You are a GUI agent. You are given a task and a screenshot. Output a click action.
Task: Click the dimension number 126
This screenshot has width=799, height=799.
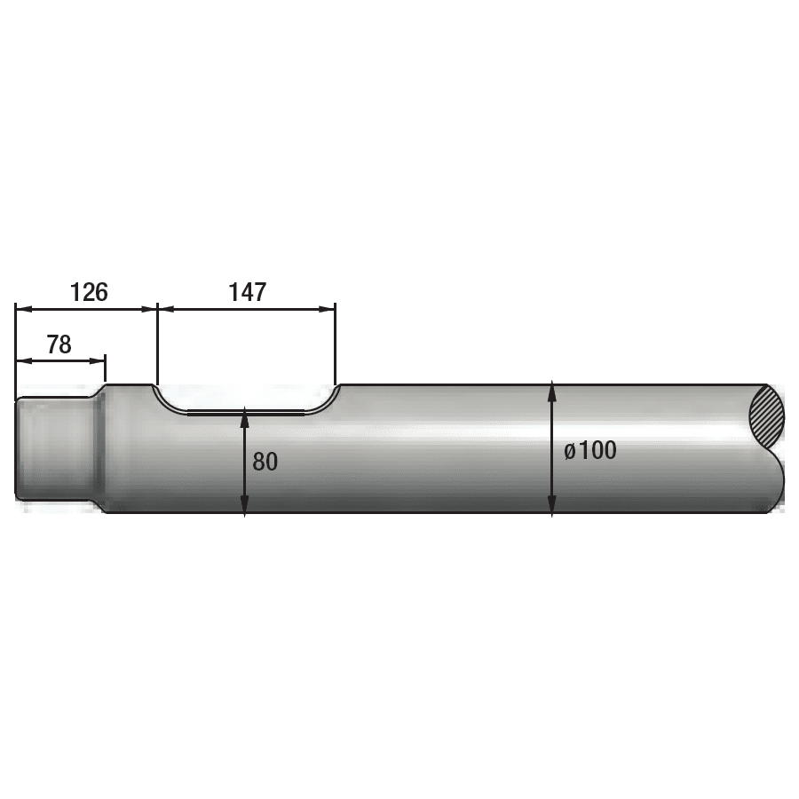[89, 292]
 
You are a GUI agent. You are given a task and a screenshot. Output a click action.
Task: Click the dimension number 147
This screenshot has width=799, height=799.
[247, 292]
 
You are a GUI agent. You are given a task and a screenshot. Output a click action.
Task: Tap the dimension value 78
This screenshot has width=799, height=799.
[59, 344]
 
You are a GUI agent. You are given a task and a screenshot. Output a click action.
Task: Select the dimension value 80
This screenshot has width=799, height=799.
[265, 462]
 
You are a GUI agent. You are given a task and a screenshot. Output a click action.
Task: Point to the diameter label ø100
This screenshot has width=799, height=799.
[590, 450]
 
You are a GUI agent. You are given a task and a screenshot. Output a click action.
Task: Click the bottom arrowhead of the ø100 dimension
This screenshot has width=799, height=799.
[552, 505]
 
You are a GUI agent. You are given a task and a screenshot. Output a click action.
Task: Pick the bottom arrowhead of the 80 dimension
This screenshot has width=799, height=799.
[245, 504]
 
